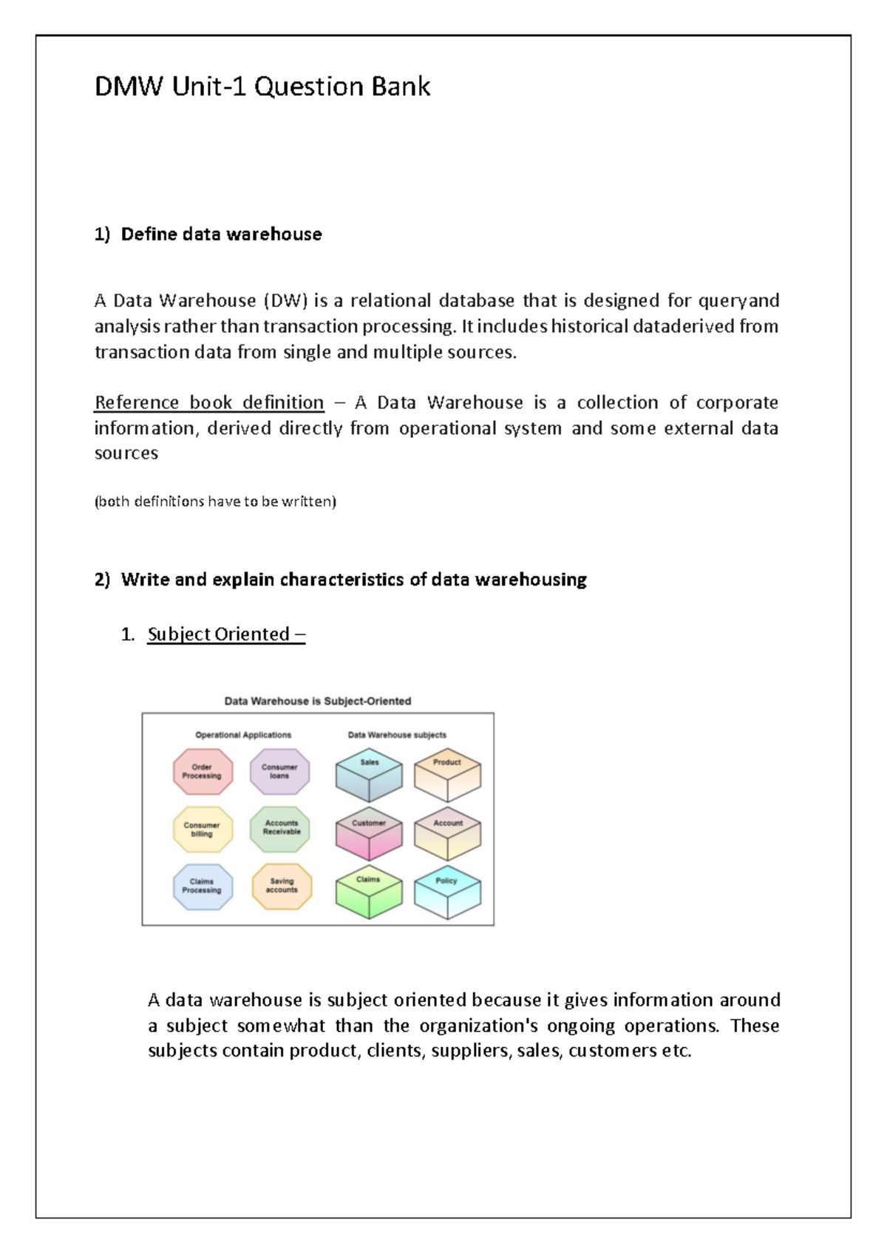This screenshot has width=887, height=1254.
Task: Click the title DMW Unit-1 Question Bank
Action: [262, 87]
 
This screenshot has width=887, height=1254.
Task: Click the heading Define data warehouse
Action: [221, 234]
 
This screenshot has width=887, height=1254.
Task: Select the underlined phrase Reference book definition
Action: [209, 403]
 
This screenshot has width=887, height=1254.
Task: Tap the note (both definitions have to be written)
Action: [215, 501]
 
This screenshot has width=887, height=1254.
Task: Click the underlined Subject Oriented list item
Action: [225, 634]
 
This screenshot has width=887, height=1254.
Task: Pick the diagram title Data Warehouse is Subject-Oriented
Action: [318, 701]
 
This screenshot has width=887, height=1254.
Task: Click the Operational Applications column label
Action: [243, 735]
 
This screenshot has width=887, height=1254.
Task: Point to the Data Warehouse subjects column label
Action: [397, 735]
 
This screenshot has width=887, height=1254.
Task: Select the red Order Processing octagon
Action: [203, 772]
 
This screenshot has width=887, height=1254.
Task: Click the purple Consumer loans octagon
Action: [279, 772]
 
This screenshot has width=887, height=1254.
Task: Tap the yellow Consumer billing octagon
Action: [203, 830]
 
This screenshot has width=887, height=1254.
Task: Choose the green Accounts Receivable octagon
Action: [281, 828]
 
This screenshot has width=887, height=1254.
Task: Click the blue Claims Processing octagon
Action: [203, 887]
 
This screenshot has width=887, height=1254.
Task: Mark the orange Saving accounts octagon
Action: [282, 887]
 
